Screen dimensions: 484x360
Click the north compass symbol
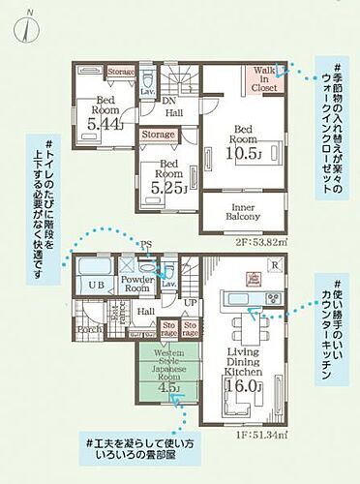(x=28, y=26)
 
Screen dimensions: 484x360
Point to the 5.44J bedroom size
(x=105, y=123)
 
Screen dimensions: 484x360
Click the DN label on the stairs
(x=166, y=101)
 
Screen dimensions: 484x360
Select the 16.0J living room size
(x=243, y=385)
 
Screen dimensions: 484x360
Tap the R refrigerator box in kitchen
(x=277, y=264)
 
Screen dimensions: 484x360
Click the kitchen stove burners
(x=254, y=280)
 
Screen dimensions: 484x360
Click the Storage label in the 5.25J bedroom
(x=158, y=135)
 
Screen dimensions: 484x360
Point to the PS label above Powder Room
(x=148, y=245)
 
